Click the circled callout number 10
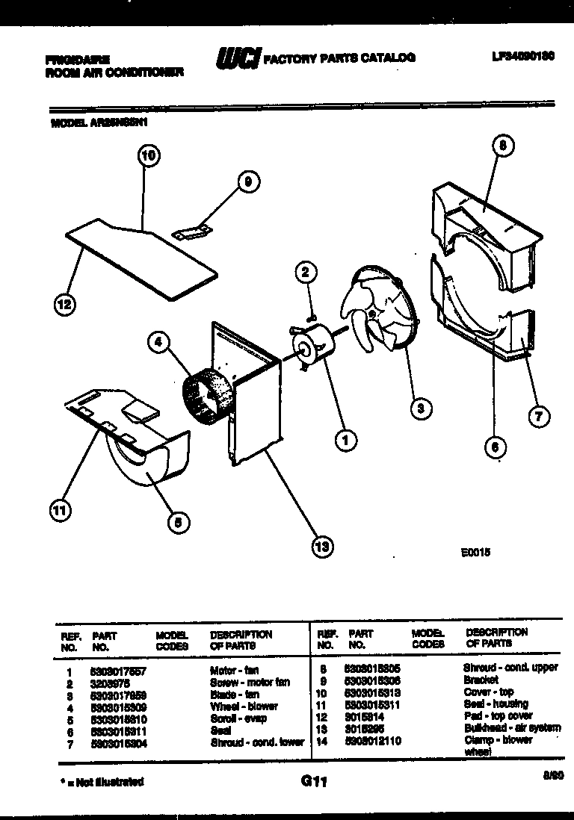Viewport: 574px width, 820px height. point(149,156)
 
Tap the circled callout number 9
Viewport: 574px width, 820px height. point(249,180)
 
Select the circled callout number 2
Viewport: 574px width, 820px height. point(304,273)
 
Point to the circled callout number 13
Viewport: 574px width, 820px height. point(322,547)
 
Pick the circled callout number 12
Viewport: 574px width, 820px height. point(65,303)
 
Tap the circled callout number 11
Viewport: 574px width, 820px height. point(59,510)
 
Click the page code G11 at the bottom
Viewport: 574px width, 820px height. point(315,782)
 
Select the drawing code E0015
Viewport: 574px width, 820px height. point(475,554)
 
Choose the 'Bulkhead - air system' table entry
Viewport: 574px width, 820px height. point(512,728)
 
